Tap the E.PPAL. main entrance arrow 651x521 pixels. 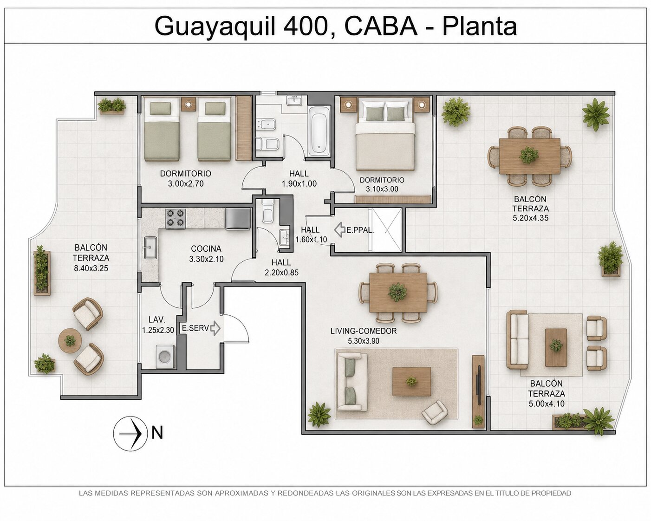tap(340, 230)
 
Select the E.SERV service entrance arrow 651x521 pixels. tap(215, 328)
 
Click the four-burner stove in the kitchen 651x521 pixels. tap(176, 218)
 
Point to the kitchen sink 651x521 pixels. tap(150, 248)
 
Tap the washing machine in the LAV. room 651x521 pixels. tap(165, 357)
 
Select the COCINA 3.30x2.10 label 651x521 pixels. tap(206, 254)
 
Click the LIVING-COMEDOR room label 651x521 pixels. tap(363, 331)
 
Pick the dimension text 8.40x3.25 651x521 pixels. tap(91, 268)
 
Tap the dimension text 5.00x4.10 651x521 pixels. tap(547, 404)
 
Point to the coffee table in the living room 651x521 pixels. tap(412, 381)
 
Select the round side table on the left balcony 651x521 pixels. tap(70, 341)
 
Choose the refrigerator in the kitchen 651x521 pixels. tap(238, 218)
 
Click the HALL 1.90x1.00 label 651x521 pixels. tap(299, 178)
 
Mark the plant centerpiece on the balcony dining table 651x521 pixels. tap(529, 155)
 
